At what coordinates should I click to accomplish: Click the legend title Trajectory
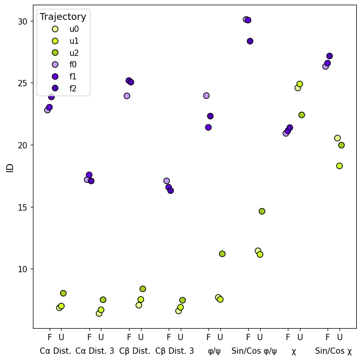pyautogui.click(x=63, y=17)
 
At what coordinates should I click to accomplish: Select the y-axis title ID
pyautogui.click(x=9, y=167)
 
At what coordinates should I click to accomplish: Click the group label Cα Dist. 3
pyautogui.click(x=95, y=351)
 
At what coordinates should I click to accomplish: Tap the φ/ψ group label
pyautogui.click(x=214, y=351)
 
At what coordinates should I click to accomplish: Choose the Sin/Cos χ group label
pyautogui.click(x=333, y=351)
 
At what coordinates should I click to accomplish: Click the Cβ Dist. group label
pyautogui.click(x=135, y=351)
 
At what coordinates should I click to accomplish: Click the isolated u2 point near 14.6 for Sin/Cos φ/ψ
pyautogui.click(x=262, y=211)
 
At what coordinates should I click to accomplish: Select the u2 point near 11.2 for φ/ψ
pyautogui.click(x=222, y=254)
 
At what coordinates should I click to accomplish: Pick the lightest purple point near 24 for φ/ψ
pyautogui.click(x=206, y=96)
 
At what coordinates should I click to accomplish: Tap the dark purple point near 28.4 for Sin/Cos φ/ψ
pyautogui.click(x=250, y=41)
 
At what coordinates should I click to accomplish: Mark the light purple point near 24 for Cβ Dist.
pyautogui.click(x=127, y=96)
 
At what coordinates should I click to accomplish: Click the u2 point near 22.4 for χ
pyautogui.click(x=301, y=115)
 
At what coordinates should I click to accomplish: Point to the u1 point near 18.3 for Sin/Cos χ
pyautogui.click(x=340, y=166)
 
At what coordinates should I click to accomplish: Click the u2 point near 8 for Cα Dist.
pyautogui.click(x=63, y=293)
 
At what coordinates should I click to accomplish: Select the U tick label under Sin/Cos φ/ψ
pyautogui.click(x=260, y=337)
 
